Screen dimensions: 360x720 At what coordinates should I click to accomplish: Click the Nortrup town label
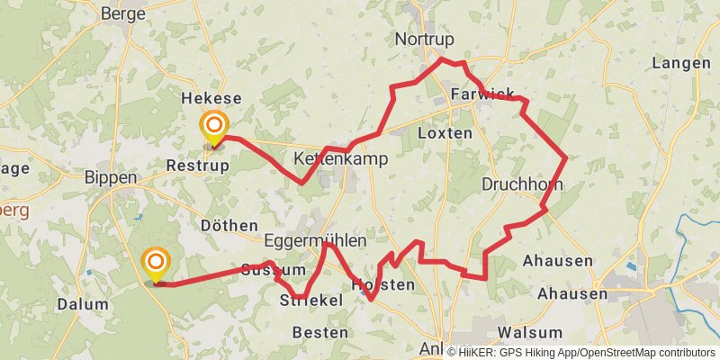[425, 39]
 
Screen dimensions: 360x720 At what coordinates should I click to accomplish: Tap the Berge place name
[123, 13]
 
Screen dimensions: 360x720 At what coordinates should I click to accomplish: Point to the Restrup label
[198, 166]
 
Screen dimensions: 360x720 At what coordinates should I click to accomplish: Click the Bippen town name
[110, 177]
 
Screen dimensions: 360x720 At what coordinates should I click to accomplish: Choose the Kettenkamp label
[341, 159]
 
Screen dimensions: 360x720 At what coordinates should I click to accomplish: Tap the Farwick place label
[482, 94]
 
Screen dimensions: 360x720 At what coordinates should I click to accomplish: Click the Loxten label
[445, 132]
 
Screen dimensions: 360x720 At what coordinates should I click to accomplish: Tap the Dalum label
[83, 304]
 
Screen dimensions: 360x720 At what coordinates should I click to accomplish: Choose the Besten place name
[320, 332]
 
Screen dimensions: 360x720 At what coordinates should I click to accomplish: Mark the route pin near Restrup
[214, 128]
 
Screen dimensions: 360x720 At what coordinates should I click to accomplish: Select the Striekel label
[311, 300]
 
